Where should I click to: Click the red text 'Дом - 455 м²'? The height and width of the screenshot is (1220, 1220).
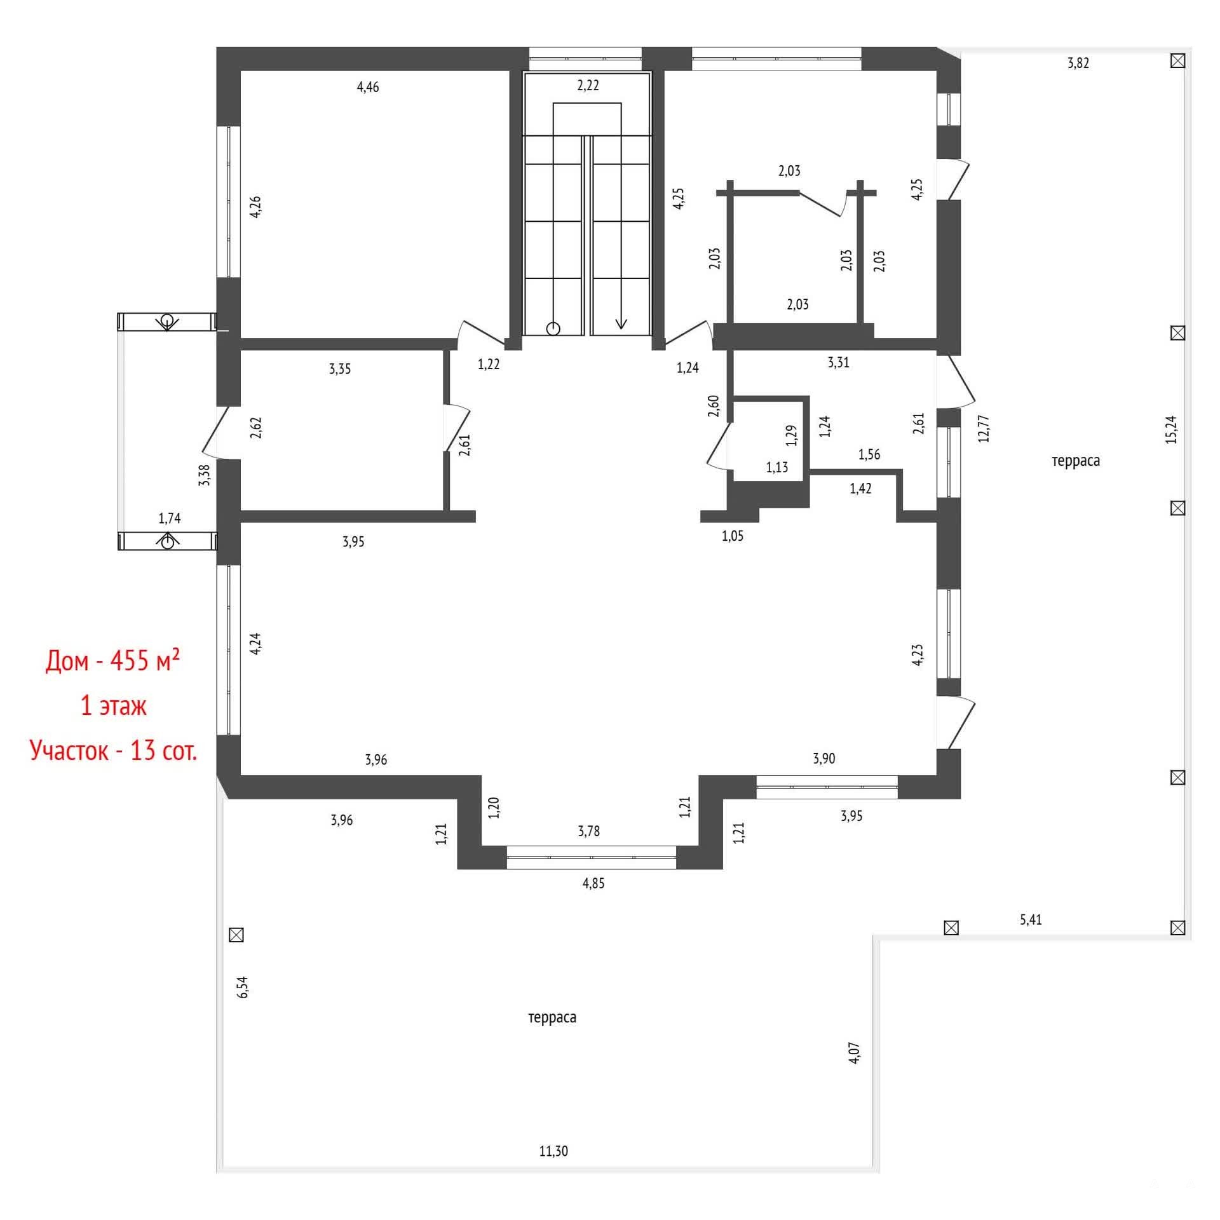coord(112,661)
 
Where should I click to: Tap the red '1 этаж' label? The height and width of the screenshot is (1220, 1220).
coord(114,706)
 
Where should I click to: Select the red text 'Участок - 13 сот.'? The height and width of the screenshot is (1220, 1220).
coord(114,750)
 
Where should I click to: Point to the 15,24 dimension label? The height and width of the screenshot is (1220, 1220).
coord(1171,430)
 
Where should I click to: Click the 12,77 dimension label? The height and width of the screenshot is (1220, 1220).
coord(983,428)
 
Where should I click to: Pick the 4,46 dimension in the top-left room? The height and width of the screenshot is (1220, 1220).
coord(368,87)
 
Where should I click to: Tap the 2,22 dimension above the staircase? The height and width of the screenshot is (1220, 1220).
coord(588,85)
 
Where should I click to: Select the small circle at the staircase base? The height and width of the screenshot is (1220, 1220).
coord(553,329)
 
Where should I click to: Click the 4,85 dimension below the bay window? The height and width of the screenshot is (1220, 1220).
coord(593,883)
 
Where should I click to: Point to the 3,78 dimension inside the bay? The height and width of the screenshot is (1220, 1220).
coord(588,831)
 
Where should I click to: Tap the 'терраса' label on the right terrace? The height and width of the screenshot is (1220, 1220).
coord(1075,461)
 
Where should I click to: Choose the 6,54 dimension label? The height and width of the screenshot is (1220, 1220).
coord(243,987)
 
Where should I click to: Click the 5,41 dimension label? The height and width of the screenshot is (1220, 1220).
coord(1031,919)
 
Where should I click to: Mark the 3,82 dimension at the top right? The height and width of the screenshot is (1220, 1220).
coord(1078,63)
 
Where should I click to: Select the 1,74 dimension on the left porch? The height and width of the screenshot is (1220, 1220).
coord(170,518)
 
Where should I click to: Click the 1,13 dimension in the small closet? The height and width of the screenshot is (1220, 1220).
coord(776,468)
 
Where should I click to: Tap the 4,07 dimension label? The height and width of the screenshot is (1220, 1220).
coord(855,1053)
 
